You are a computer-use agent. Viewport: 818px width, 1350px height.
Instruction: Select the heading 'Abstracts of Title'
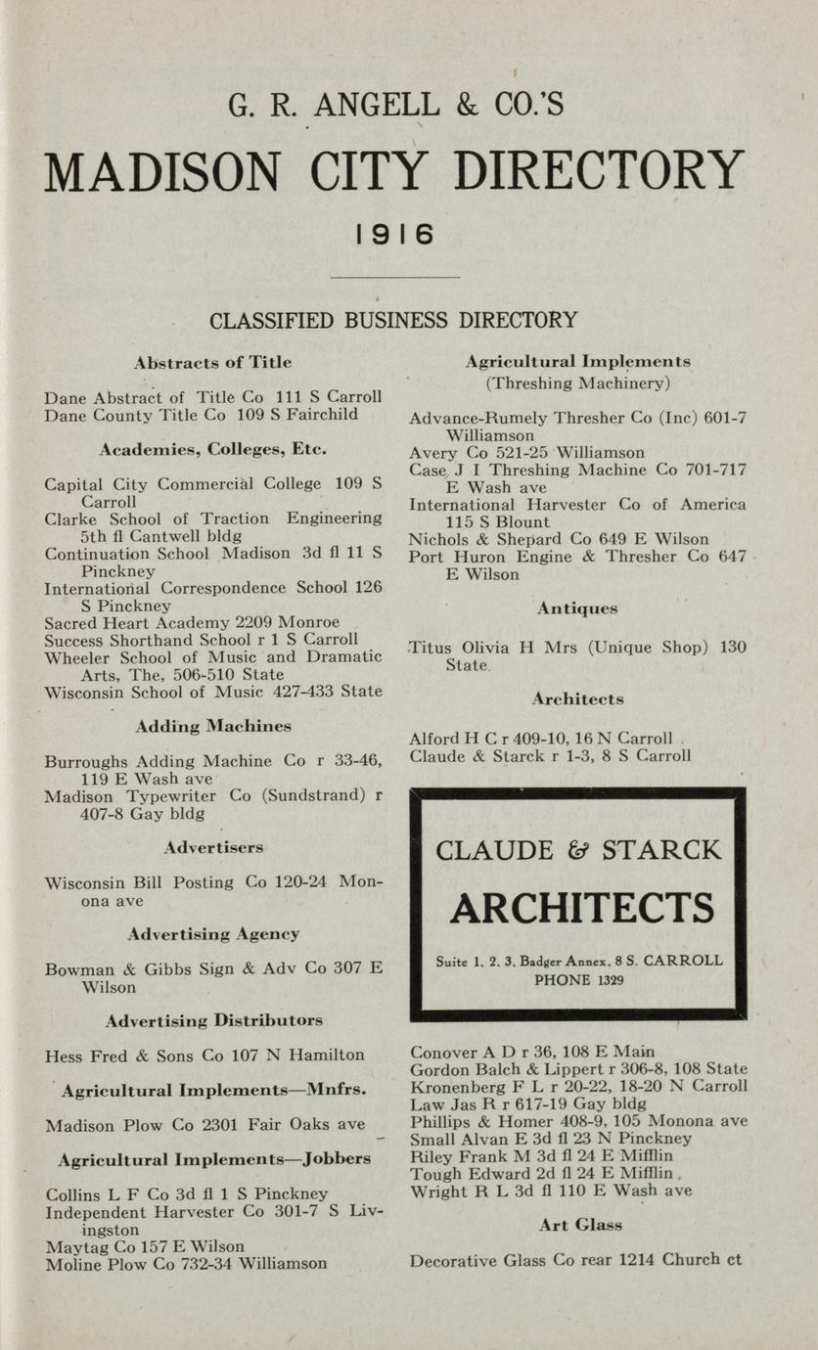pos(212,362)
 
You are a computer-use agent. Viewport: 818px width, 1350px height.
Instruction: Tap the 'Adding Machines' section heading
pos(213,726)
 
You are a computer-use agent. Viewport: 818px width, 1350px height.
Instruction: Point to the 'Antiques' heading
pos(577,608)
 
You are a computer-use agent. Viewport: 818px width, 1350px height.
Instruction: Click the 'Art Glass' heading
pos(580,1225)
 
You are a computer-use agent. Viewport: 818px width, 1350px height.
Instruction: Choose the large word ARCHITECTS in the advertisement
pos(581,908)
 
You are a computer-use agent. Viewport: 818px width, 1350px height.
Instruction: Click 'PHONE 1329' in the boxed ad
pos(580,980)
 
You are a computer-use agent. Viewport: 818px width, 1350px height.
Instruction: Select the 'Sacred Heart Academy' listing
pos(192,622)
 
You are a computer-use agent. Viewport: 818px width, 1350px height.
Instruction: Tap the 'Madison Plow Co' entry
pos(205,1124)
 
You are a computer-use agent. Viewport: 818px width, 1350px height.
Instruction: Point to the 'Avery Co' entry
pos(526,453)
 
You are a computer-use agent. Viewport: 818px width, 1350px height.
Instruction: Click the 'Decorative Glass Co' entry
pos(575,1260)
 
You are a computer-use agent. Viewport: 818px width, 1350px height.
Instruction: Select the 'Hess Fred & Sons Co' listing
pos(204,1056)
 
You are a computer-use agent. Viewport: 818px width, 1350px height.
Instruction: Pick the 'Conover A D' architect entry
pos(532,1053)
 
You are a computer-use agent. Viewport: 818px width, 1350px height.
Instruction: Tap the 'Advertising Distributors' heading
pos(213,1020)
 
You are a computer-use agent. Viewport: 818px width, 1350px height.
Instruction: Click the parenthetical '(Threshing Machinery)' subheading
pos(577,382)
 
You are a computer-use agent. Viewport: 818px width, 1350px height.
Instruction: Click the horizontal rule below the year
pos(394,278)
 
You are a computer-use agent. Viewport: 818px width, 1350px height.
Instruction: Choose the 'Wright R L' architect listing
pos(551,1191)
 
